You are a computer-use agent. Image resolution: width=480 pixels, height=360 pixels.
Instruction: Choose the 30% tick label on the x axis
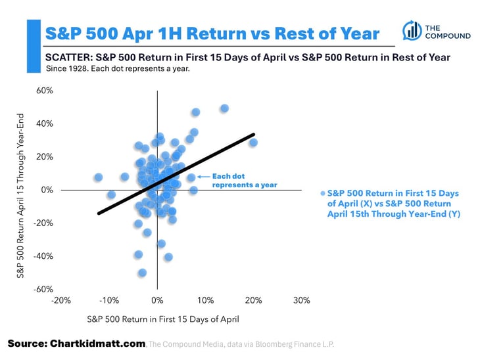coord(301,300)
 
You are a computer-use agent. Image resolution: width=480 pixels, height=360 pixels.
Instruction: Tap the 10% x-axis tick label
coord(205,300)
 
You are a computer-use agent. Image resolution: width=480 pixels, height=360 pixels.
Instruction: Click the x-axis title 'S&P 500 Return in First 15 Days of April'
coord(163,319)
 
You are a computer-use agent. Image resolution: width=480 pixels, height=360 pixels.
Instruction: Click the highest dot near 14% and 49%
coord(224,108)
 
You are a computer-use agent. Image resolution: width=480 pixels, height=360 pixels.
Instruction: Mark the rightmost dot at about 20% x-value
coord(253,143)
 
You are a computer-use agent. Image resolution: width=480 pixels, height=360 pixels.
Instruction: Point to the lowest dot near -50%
coord(142,273)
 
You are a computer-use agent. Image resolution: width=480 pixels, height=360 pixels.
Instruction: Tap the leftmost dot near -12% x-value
coord(98,177)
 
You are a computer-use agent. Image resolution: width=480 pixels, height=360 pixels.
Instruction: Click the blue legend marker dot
coord(322,194)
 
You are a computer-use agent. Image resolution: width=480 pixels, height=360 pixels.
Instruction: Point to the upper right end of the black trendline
coord(254,135)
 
